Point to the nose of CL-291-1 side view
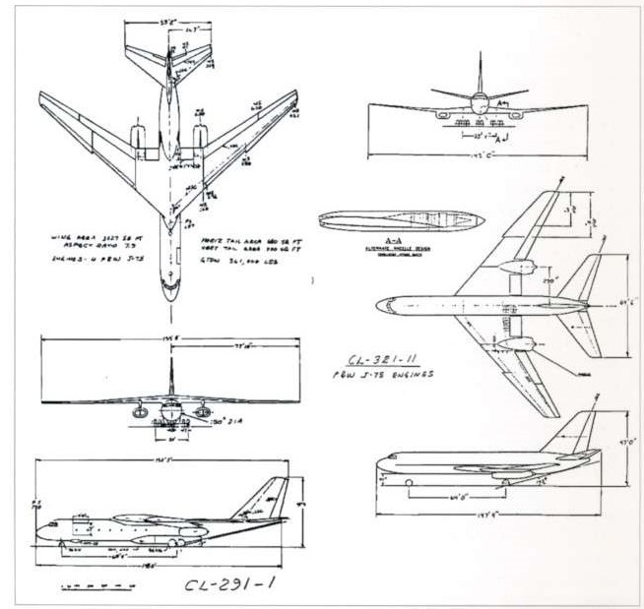tap(41, 530)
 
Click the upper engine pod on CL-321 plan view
tap(517, 267)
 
